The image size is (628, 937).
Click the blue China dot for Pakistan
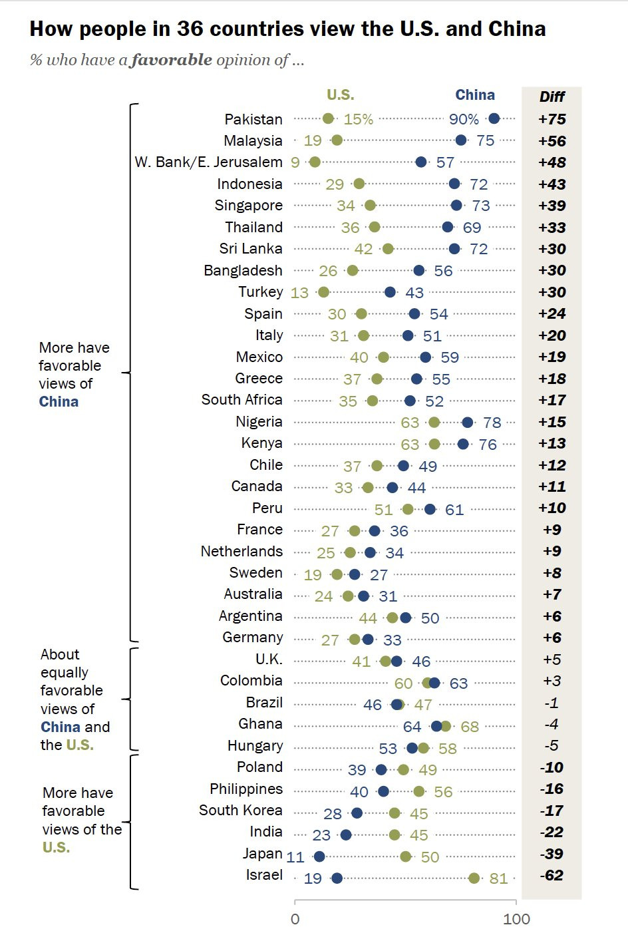494,119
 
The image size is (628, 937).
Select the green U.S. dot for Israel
474,878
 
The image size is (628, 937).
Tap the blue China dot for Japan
319,856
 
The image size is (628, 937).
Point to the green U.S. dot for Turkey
323,292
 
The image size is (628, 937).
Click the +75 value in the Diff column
552,119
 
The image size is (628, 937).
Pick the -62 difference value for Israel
551,874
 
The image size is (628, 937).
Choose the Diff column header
552,96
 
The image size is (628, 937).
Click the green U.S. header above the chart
341,95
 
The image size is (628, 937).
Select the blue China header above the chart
475,95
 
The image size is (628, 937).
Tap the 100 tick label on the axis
516,919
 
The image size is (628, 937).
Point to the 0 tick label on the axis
295,919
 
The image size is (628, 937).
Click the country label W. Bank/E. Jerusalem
209,162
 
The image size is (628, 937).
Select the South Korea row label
240,811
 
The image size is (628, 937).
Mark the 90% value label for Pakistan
464,119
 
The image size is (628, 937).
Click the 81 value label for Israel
498,878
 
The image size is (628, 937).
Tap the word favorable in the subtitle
170,60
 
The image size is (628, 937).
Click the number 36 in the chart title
190,29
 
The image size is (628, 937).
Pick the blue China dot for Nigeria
468,423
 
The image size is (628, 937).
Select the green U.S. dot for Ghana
446,726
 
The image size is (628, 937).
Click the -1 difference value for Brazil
551,703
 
